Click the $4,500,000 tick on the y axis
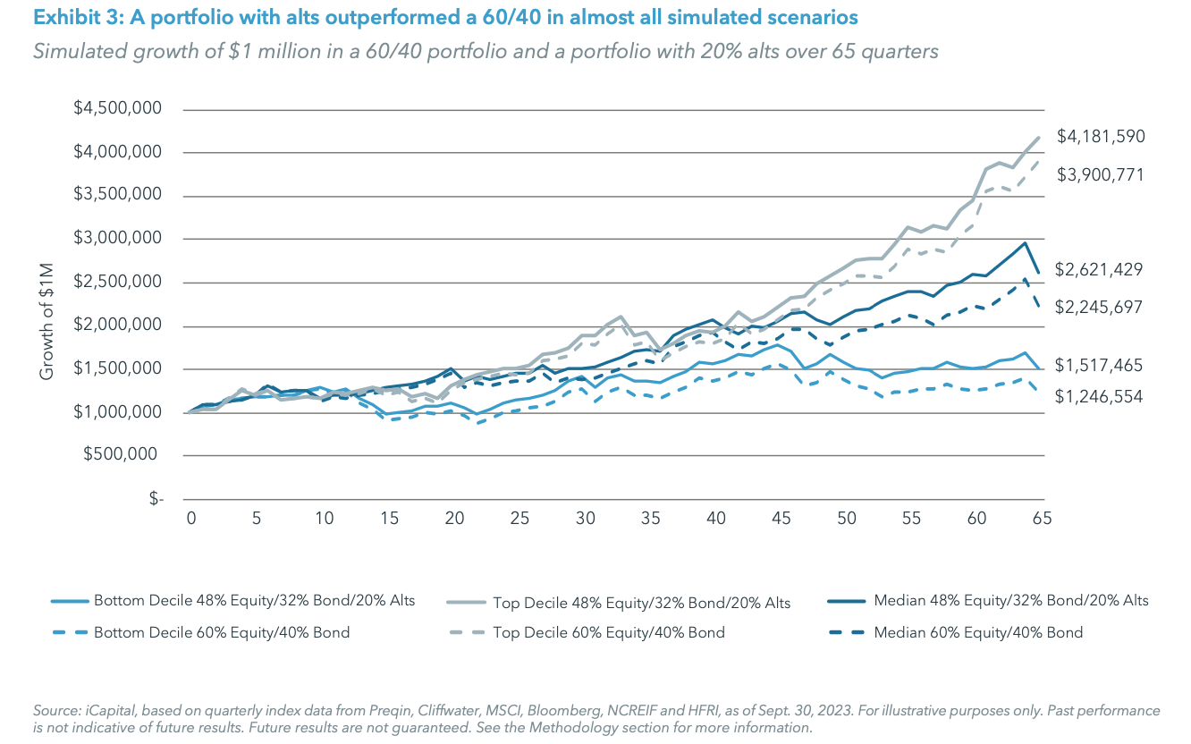point(119,109)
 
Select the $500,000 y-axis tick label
point(126,455)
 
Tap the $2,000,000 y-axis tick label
point(119,325)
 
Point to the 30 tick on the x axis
point(585,518)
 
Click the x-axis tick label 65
point(1041,518)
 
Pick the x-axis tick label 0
point(190,518)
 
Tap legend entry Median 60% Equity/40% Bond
point(977,632)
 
